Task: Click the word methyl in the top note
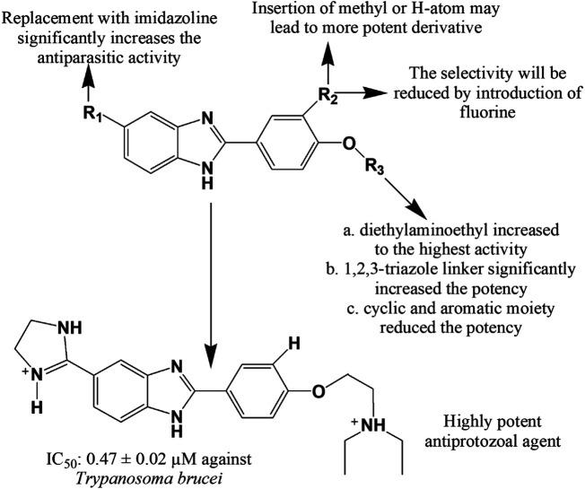411,10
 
